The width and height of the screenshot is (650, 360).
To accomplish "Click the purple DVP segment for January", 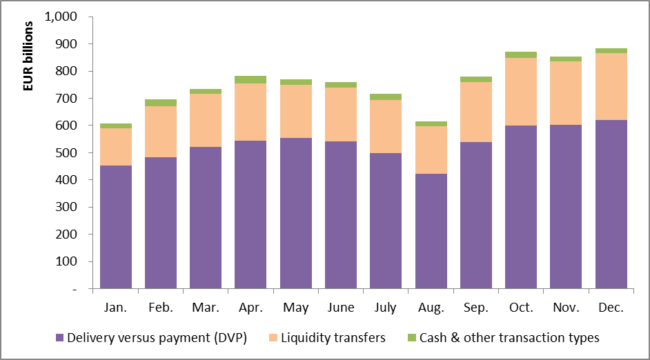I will (116, 227).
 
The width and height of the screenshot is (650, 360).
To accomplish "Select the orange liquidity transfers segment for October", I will (521, 92).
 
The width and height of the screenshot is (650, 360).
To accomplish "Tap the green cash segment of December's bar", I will (611, 50).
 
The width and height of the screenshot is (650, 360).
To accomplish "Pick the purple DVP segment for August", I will (431, 231).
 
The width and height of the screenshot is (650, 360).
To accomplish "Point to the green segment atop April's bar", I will (250, 79).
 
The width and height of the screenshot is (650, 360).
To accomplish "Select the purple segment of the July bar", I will (386, 221).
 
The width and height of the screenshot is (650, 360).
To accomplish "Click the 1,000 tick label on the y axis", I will (61, 17).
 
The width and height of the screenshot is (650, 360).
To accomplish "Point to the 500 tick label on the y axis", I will (68, 152).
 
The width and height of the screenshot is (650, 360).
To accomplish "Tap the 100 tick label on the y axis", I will (68, 261).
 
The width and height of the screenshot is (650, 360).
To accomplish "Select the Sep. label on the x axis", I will (476, 308).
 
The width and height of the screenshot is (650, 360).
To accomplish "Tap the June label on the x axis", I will (341, 308).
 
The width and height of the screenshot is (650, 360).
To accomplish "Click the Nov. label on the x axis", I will (566, 308).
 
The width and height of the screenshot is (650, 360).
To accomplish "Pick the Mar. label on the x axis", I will (206, 308).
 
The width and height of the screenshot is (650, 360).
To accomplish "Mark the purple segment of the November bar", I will (566, 207).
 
